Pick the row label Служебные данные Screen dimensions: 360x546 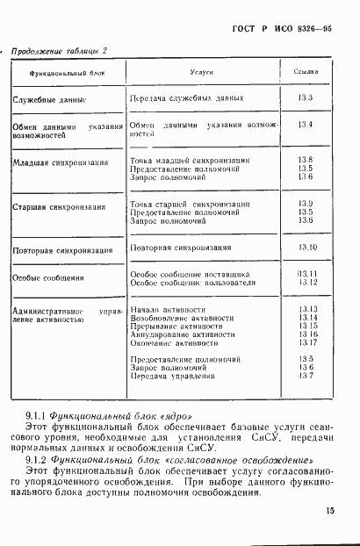[49, 100]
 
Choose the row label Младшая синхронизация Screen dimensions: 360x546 [61, 163]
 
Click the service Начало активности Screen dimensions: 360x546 [167, 310]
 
